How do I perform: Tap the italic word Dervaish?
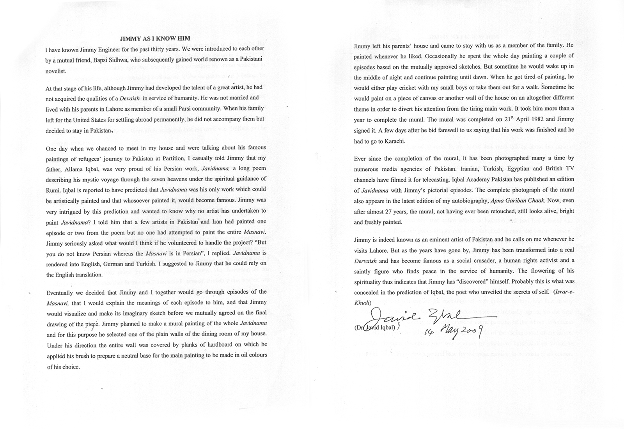pos(365,261)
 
